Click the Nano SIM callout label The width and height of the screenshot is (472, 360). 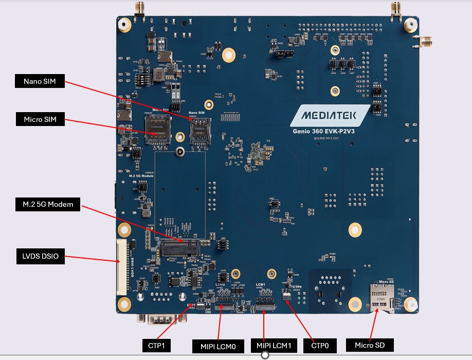40,81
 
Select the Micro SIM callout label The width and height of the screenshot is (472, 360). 40,120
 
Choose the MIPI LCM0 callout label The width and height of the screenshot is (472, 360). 217,346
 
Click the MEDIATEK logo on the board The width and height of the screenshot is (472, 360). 330,116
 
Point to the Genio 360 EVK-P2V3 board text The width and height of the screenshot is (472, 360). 330,132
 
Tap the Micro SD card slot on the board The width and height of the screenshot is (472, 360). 381,299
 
